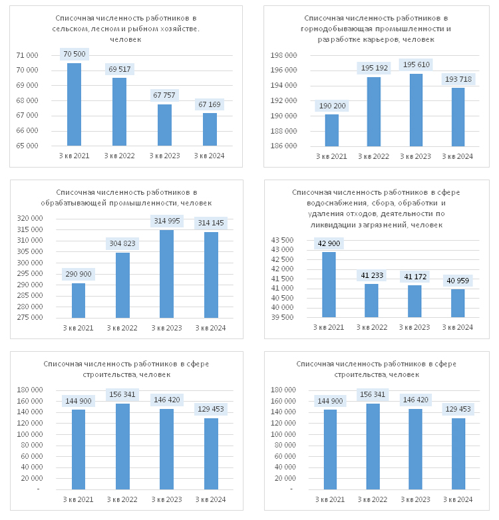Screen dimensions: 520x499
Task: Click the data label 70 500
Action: point(74,54)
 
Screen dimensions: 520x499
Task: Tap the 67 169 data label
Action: point(210,104)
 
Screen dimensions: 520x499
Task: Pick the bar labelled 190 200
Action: point(332,130)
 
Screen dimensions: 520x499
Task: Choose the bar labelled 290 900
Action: point(79,301)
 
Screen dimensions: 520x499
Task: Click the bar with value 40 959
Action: point(458,303)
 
